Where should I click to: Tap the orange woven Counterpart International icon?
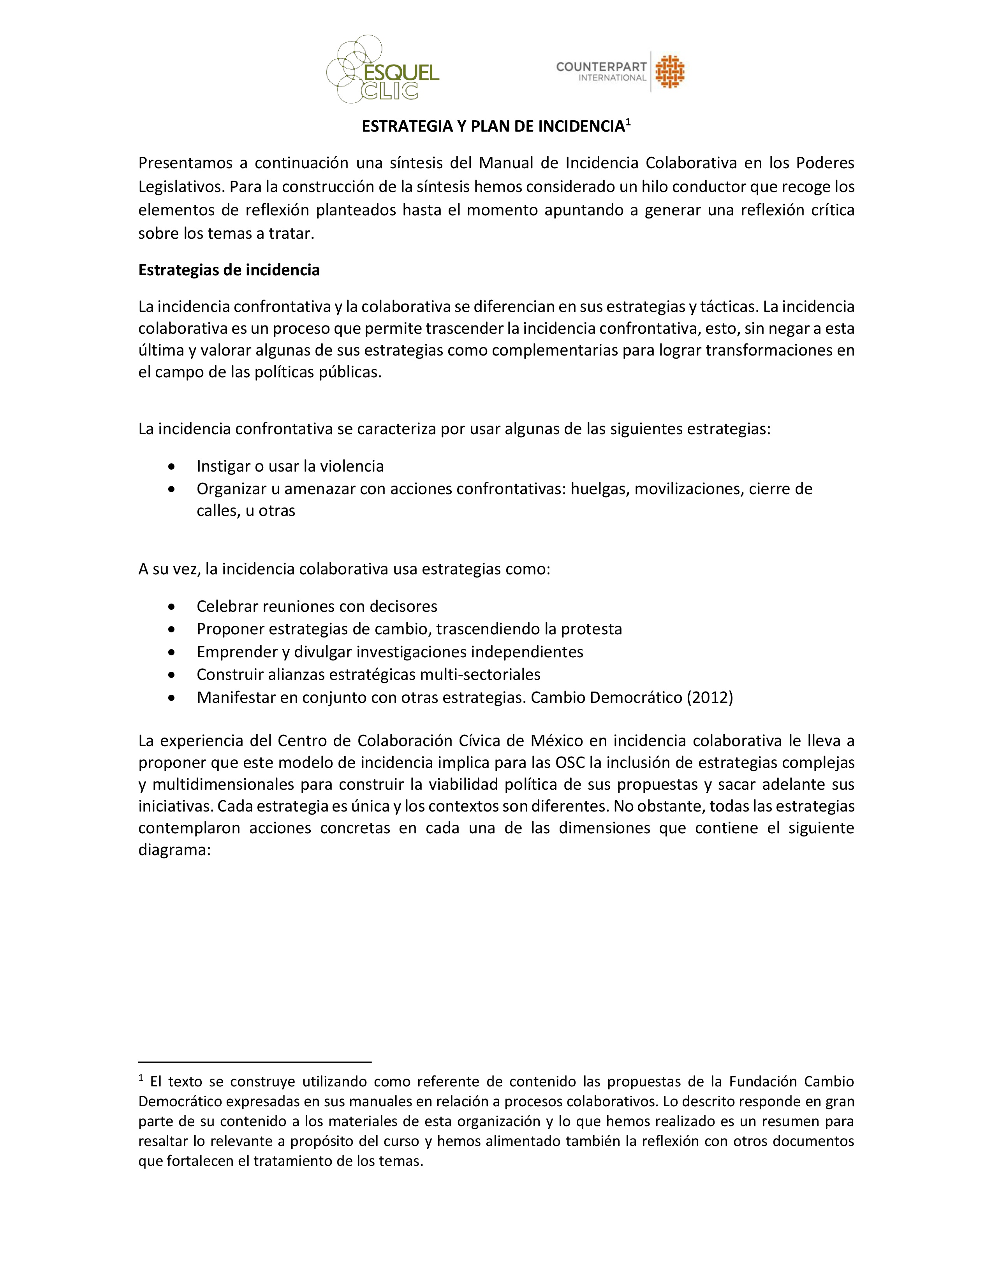coord(670,72)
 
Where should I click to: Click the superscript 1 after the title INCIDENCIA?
coord(628,122)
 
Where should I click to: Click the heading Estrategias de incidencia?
coord(229,270)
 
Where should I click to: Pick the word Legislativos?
coord(181,187)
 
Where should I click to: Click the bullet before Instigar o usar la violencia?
coord(171,466)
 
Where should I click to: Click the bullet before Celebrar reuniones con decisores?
coord(171,607)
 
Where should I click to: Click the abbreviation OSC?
coord(569,762)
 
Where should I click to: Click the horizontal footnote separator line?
coord(255,1062)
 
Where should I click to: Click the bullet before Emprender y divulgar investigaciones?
coord(171,652)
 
